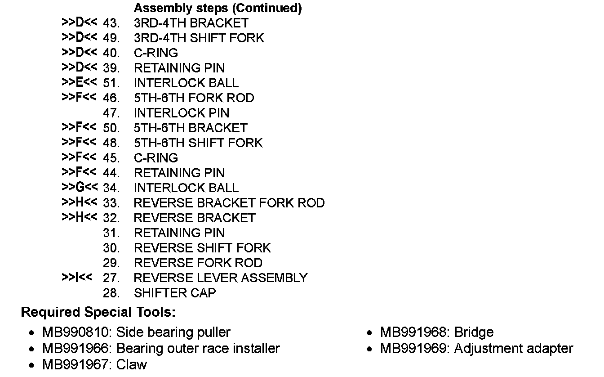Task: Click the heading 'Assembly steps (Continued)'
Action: click(x=218, y=8)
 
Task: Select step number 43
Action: click(x=111, y=23)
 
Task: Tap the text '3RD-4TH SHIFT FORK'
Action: click(x=199, y=38)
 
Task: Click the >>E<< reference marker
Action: click(x=79, y=82)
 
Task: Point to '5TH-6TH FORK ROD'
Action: click(x=194, y=98)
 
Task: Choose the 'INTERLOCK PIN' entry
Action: click(x=182, y=113)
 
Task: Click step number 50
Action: click(x=111, y=128)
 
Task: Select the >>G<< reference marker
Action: click(x=79, y=187)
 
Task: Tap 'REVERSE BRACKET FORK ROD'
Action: click(x=229, y=203)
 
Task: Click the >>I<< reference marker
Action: click(x=77, y=277)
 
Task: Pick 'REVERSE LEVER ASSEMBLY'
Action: click(x=220, y=278)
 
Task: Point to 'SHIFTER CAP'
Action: click(x=175, y=293)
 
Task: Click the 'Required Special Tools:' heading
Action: click(x=98, y=312)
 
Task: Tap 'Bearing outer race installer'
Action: click(x=198, y=349)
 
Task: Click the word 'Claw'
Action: click(x=131, y=364)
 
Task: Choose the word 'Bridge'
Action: click(x=474, y=332)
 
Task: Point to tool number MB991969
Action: click(x=414, y=349)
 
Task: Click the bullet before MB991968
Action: click(x=369, y=333)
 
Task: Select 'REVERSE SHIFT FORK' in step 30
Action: click(x=202, y=248)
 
